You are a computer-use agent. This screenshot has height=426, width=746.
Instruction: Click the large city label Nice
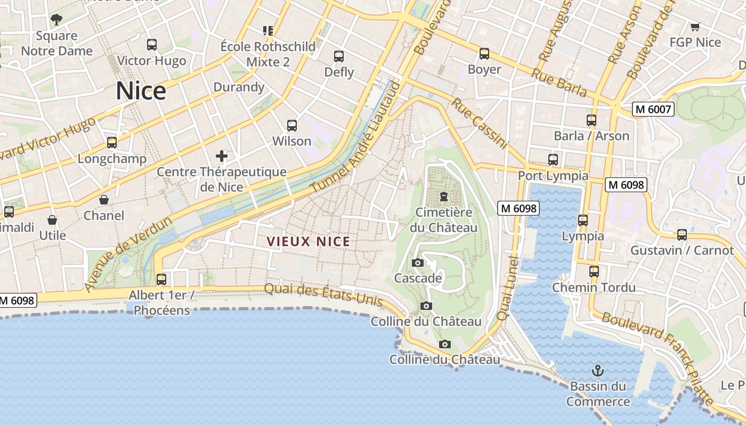pyautogui.click(x=141, y=91)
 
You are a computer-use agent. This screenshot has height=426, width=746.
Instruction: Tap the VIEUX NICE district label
pyautogui.click(x=309, y=242)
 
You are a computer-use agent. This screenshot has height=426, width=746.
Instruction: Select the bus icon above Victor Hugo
pyautogui.click(x=152, y=45)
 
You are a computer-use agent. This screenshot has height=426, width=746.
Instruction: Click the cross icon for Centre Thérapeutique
pyautogui.click(x=222, y=156)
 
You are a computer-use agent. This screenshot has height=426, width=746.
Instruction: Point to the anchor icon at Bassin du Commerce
pyautogui.click(x=598, y=370)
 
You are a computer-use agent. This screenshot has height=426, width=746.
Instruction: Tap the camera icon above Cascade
pyautogui.click(x=418, y=263)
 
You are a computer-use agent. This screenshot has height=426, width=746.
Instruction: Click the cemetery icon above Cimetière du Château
pyautogui.click(x=443, y=196)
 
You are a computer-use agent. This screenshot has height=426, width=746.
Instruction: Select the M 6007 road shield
pyautogui.click(x=653, y=110)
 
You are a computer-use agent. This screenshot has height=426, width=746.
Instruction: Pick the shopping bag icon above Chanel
pyautogui.click(x=104, y=200)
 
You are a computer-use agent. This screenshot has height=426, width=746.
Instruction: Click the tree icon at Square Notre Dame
pyautogui.click(x=56, y=20)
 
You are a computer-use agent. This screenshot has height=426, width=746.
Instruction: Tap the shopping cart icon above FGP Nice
pyautogui.click(x=695, y=27)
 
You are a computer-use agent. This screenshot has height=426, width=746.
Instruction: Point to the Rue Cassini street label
pyautogui.click(x=480, y=123)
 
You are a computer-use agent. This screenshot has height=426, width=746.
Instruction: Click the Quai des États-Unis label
pyautogui.click(x=323, y=294)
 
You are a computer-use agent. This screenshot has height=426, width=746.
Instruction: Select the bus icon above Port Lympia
pyautogui.click(x=553, y=159)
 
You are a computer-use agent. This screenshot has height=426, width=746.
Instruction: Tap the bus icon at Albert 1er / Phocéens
pyautogui.click(x=161, y=279)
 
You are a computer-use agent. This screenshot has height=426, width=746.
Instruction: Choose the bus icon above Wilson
pyautogui.click(x=292, y=126)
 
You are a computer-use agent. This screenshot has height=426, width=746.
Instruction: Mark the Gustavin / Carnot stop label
pyautogui.click(x=682, y=250)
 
